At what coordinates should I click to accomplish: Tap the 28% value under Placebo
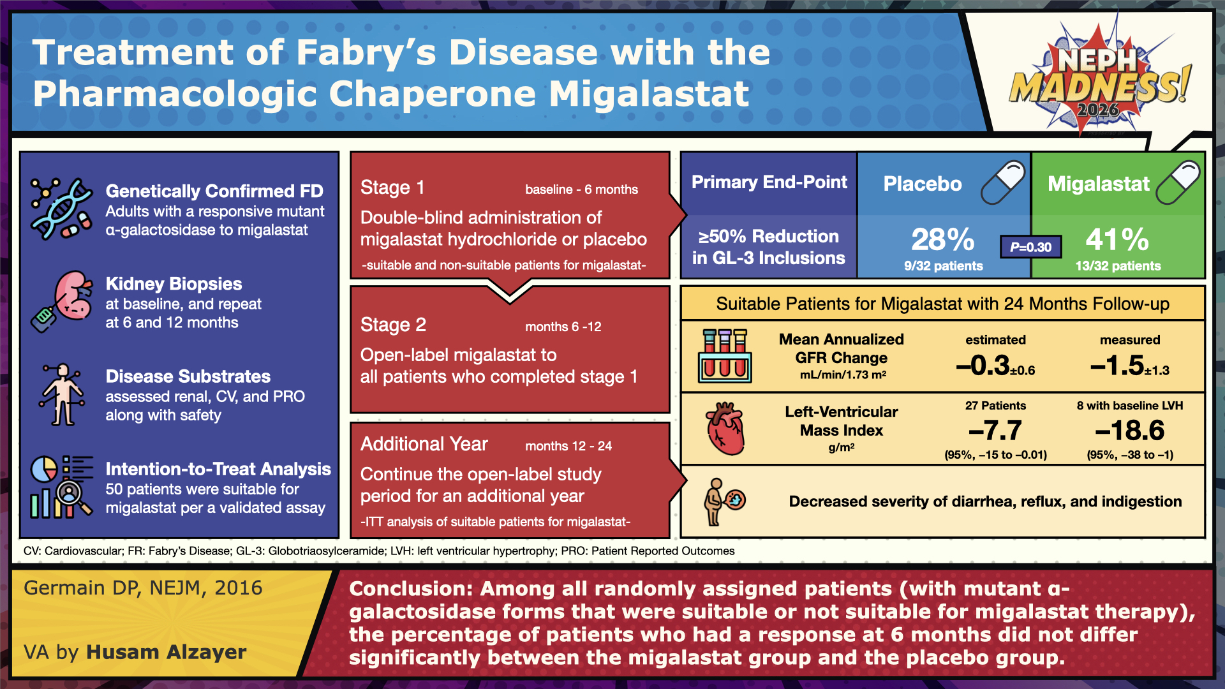943,240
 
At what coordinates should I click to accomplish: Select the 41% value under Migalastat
1117,240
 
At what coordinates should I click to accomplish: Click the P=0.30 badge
1030,247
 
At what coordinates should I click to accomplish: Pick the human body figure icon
62,395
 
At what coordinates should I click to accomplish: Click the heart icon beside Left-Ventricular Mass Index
725,429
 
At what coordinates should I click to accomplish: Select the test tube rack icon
725,356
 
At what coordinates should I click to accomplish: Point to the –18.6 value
1129,431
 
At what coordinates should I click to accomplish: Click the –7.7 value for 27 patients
995,431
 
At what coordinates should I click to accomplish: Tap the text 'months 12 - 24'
568,446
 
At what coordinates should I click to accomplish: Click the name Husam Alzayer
167,652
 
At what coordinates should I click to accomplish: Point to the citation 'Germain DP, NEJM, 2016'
143,588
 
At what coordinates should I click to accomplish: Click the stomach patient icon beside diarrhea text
724,502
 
